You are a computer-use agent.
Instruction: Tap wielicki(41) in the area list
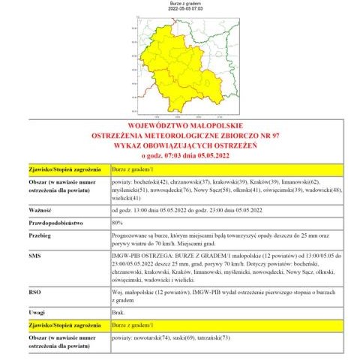(x=126, y=199)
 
